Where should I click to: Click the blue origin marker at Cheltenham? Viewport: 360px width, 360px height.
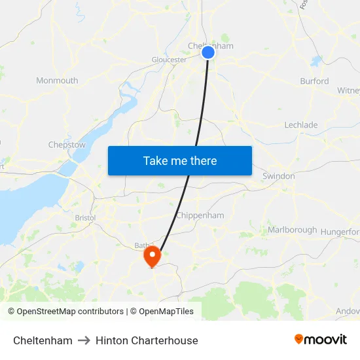(208, 52)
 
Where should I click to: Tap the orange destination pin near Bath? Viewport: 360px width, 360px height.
(153, 256)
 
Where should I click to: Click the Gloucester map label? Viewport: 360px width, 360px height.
(170, 60)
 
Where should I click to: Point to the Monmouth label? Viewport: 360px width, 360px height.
(57, 81)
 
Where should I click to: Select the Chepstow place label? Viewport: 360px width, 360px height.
(67, 145)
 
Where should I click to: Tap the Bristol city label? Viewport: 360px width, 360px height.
(85, 217)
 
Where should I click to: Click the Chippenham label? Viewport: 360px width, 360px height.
(200, 215)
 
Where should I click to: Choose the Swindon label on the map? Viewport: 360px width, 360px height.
(278, 176)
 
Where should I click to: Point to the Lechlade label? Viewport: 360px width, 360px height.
(301, 125)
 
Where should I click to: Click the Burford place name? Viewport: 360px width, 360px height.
(314, 81)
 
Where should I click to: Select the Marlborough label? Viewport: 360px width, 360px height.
(292, 230)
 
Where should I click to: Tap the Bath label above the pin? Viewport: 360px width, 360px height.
(142, 245)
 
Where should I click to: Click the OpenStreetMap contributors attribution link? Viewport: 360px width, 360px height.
(70, 312)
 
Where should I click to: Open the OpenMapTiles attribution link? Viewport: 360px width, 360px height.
(165, 312)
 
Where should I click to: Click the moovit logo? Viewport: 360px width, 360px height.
(321, 340)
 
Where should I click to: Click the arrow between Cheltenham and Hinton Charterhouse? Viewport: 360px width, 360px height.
(84, 340)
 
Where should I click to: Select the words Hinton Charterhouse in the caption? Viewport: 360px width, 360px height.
(147, 340)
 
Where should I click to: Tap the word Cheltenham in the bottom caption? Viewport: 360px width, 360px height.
(43, 340)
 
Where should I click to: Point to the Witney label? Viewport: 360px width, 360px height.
(348, 90)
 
